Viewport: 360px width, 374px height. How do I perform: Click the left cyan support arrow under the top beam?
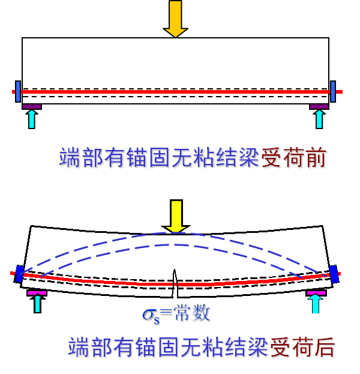pos(32,118)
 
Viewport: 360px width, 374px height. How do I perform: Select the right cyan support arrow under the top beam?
pos(319,118)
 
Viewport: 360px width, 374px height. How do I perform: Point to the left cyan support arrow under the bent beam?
pos(38,303)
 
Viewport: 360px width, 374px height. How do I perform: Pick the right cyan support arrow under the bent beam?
pos(316,303)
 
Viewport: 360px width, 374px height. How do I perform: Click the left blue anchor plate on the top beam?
pos(18,91)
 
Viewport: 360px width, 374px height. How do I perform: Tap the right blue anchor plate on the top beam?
pos(333,91)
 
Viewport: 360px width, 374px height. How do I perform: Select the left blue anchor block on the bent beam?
pos(20,274)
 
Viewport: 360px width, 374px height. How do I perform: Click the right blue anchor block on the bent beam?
pos(334,274)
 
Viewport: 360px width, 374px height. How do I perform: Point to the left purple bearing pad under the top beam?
pos(32,107)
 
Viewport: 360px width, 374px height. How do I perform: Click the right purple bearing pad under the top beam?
pos(319,107)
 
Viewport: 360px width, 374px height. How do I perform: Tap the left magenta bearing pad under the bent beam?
pos(37,292)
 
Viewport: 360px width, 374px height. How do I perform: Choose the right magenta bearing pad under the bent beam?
pos(316,292)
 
